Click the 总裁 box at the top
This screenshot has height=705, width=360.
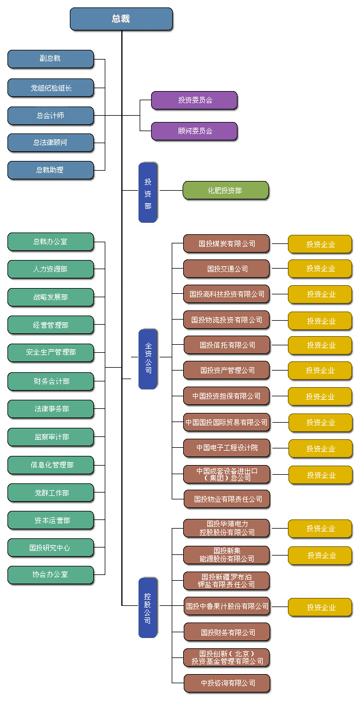[121, 19]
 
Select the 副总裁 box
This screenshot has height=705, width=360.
[50, 59]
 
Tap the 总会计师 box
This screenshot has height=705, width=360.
[50, 116]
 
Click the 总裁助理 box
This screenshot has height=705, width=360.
[50, 170]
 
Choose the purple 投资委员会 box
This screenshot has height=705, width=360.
[194, 100]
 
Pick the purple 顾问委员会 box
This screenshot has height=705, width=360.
[194, 131]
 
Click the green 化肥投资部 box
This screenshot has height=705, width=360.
[226, 190]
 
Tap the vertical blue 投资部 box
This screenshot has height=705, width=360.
[148, 192]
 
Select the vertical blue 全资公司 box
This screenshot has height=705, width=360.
[148, 359]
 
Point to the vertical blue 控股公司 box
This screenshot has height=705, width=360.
[148, 608]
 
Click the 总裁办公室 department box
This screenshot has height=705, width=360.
[50, 242]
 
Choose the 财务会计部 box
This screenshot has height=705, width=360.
[50, 381]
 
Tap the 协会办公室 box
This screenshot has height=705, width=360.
[50, 574]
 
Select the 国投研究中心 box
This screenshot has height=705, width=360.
[50, 548]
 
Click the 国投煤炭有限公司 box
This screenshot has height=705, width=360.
[226, 243]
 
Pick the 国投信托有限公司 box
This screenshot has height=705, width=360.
[226, 345]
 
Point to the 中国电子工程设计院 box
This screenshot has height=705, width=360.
[226, 448]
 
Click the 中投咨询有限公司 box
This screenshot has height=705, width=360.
[226, 683]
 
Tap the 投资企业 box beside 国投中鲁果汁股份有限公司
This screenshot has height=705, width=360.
[319, 607]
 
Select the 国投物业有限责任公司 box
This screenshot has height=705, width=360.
[226, 499]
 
